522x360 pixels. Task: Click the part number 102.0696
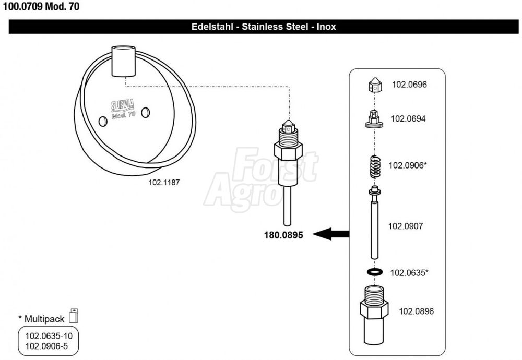409,85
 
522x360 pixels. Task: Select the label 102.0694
408,119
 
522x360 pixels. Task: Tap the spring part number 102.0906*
408,165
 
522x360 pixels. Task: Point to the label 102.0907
406,226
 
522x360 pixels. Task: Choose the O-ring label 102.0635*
409,273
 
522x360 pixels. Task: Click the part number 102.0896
416,311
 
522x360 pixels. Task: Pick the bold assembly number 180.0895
283,235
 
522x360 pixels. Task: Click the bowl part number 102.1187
164,183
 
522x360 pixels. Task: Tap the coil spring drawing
375,166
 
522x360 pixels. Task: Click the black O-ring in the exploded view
375,272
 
